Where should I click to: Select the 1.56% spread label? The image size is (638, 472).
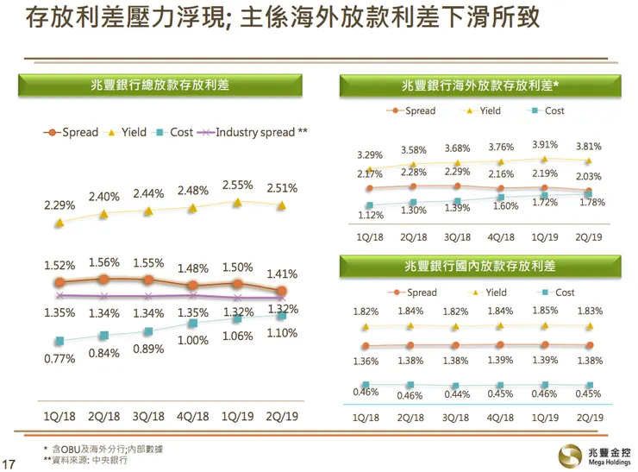click(x=103, y=262)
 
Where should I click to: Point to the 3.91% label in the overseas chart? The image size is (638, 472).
click(x=544, y=145)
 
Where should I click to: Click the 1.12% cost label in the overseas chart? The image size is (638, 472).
click(x=370, y=217)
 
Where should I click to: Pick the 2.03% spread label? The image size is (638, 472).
click(x=590, y=176)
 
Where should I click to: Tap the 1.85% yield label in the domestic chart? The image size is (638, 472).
click(x=544, y=310)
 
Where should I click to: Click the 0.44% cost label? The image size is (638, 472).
click(x=457, y=395)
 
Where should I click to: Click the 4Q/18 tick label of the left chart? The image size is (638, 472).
click(x=193, y=416)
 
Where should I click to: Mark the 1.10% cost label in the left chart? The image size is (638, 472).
click(x=282, y=333)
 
